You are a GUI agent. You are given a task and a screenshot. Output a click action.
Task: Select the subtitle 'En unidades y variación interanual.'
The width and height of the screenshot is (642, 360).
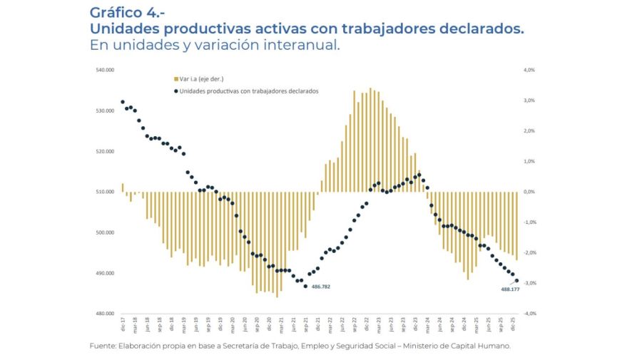coord(215,45)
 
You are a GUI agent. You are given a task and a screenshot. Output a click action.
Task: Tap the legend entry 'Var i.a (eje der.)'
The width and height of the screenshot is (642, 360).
coord(202,78)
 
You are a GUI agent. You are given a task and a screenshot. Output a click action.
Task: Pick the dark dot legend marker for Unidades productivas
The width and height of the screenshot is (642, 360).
coord(175,91)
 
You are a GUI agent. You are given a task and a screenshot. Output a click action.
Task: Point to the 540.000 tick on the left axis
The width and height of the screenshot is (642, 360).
coord(105,70)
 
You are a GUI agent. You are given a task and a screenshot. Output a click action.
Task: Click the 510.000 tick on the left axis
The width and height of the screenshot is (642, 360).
coord(105,192)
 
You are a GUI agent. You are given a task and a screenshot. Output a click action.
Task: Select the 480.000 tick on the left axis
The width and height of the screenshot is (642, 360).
coord(105,314)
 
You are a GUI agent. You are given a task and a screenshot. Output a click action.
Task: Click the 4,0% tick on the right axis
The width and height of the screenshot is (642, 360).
coord(529,70)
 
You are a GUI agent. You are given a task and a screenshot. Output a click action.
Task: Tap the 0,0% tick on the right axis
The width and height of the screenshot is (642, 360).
coord(529,192)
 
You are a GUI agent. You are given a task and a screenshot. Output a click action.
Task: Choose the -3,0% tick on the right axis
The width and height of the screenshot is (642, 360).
coord(529,283)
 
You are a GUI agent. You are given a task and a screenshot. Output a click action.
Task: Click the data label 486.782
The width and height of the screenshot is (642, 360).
coord(321,287)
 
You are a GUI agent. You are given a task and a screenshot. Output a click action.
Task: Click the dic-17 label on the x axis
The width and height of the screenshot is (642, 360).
coord(123,326)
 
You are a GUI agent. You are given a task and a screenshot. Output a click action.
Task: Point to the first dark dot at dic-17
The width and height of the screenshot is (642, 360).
coord(123,102)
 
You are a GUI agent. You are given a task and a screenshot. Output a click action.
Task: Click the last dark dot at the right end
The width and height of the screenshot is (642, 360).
coord(516,281)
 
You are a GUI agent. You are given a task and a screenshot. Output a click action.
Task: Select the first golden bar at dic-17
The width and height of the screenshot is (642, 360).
coord(123,187)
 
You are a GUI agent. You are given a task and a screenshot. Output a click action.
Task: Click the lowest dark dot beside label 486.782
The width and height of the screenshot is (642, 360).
coord(305,286)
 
